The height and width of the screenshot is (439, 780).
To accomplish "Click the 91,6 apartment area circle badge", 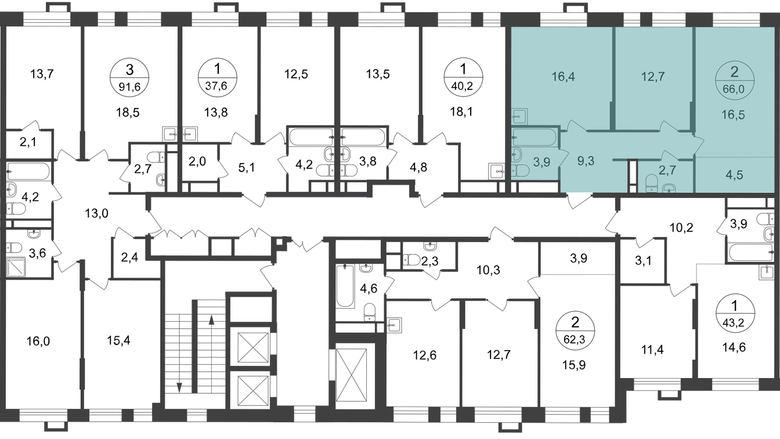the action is (x=129, y=77).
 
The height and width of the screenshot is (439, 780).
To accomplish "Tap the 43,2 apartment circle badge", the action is (x=735, y=314).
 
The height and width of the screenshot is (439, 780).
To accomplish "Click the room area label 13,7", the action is (x=42, y=74).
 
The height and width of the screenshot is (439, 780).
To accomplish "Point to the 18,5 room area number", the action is (x=128, y=113).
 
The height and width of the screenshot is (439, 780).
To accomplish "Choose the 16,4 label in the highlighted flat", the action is (x=563, y=77).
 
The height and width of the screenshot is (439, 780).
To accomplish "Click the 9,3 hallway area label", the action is (x=586, y=161).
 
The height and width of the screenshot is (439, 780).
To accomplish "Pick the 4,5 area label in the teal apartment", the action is (x=734, y=175).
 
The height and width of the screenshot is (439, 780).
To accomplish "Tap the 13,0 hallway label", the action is (x=96, y=213).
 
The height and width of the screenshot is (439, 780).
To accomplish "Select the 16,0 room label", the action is (x=38, y=341).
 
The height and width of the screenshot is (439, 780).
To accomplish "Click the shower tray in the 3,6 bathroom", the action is (x=16, y=267).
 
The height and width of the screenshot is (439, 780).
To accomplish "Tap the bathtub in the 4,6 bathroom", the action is (x=345, y=286).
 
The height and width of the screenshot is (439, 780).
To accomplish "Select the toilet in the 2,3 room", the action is (x=411, y=260).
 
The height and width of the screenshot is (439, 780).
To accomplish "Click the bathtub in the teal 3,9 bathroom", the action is (x=535, y=137).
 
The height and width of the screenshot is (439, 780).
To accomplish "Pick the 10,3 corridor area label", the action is (x=488, y=270).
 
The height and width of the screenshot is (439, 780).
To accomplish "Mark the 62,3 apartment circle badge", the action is (x=575, y=330).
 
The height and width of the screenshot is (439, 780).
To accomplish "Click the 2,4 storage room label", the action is (x=129, y=257).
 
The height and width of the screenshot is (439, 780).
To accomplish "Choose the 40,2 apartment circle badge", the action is (x=463, y=77).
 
